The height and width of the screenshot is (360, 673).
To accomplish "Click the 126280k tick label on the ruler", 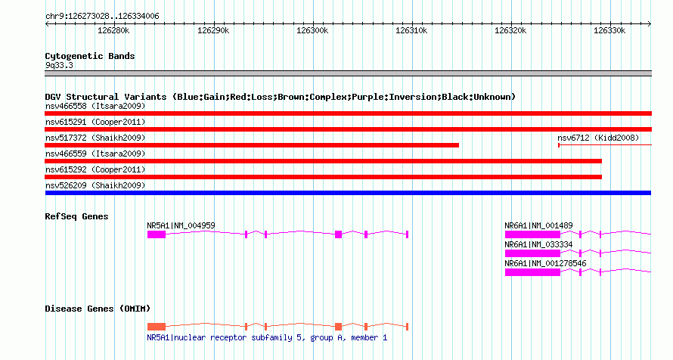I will pos(113,31).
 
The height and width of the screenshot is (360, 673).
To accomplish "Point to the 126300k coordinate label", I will pos(312,31).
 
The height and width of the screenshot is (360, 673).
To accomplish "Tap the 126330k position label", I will pos(609,31).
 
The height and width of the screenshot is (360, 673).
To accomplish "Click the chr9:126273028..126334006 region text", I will pos(102,16).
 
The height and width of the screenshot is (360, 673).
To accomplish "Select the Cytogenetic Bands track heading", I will pos(90,56).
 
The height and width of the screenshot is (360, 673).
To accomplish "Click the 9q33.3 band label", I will pos(59,66).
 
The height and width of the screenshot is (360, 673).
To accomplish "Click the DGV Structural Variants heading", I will pos(280,97).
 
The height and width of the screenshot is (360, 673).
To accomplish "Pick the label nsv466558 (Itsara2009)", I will pos(95,106).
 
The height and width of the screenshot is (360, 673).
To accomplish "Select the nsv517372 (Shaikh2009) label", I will pos(95,138).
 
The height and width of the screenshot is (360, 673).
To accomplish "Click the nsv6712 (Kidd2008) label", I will pos(598,138).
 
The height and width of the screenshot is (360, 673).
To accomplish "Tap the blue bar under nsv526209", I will pos(348,193).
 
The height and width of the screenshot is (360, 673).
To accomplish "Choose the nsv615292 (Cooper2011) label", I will pos(95,169).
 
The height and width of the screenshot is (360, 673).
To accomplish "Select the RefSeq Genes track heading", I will pos(76,217).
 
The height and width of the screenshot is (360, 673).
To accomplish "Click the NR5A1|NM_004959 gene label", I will pos(181,225).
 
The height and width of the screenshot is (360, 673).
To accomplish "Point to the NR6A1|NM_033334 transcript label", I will pos(538,244).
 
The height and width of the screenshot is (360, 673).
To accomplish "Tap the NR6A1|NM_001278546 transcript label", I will pos(545,263).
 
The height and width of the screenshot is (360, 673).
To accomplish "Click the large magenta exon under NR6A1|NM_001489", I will pos(532,234).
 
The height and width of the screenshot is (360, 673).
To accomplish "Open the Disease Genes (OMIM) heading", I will pos(98,309).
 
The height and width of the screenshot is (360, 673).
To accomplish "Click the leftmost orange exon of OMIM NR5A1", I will pos(156,326).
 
